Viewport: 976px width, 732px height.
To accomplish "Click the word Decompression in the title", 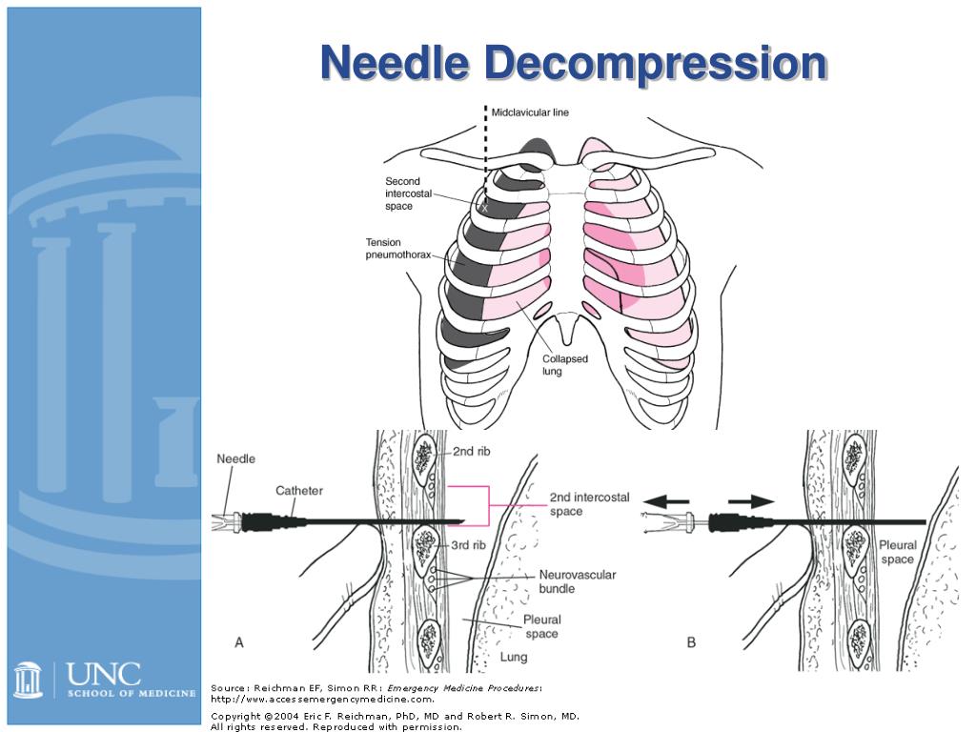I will pyautogui.click(x=655, y=63).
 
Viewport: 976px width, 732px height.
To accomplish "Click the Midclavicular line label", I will pyautogui.click(x=530, y=112).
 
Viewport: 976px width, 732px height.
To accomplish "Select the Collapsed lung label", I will pyautogui.click(x=565, y=365).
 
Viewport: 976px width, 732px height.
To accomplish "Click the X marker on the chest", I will pyautogui.click(x=484, y=207).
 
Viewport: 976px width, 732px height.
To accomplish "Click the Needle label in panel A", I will pyautogui.click(x=236, y=458).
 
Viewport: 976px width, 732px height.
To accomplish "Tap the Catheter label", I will pyautogui.click(x=299, y=491).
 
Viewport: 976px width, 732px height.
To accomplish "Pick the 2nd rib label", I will pyautogui.click(x=471, y=453).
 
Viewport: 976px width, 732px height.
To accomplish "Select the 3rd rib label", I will pyautogui.click(x=468, y=545).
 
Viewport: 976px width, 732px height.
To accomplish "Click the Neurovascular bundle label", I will pyautogui.click(x=578, y=581).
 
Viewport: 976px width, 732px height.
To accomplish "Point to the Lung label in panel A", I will pyautogui.click(x=513, y=657).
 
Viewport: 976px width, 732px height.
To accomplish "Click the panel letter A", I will pyautogui.click(x=239, y=643).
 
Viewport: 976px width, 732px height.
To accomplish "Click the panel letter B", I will pyautogui.click(x=691, y=643).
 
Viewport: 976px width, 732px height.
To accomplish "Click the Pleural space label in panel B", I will pyautogui.click(x=898, y=553).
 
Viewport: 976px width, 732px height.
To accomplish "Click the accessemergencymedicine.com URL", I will pyautogui.click(x=322, y=699).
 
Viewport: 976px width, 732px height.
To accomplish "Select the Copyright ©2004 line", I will pyautogui.click(x=395, y=715).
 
